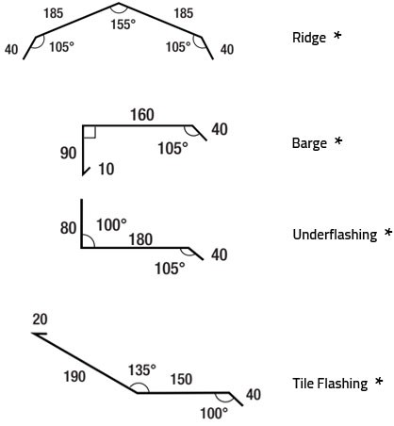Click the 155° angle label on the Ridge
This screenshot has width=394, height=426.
123,25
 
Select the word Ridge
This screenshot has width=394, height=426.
309,38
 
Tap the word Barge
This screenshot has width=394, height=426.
309,143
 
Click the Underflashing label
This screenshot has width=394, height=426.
335,235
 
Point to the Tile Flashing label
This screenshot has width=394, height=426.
330,384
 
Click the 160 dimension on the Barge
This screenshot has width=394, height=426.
142,115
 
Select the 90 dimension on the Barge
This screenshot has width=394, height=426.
68,154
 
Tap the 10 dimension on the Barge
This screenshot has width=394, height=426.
107,169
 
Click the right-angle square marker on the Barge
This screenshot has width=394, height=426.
90,132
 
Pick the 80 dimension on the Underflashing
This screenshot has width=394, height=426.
68,228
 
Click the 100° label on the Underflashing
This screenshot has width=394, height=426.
111,225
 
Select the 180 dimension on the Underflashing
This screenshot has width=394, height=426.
140,239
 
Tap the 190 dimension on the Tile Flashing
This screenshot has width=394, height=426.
74,376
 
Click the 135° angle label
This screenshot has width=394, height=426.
142,370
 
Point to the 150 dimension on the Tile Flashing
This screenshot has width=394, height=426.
182,379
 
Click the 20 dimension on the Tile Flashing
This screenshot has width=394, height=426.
40,319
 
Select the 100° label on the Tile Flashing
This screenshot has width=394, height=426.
214,414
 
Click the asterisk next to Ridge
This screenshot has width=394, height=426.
337,35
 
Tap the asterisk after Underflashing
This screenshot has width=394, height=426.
388,232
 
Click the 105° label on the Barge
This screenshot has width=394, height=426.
172,148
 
